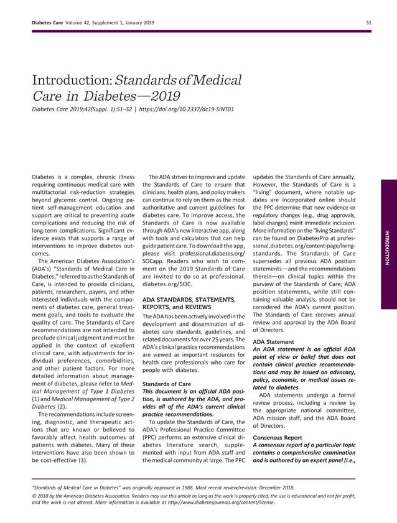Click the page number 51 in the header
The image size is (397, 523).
click(x=369, y=23)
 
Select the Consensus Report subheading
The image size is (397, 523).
click(x=278, y=437)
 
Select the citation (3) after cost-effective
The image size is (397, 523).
click(x=82, y=460)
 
